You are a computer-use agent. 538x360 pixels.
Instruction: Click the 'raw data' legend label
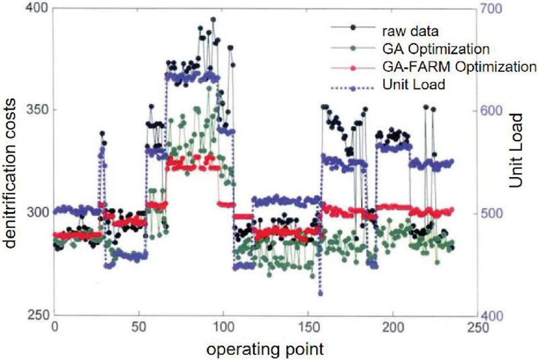(410, 31)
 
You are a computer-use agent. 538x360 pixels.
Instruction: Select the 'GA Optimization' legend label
(436, 49)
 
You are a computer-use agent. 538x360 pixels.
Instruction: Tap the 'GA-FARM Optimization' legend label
(459, 67)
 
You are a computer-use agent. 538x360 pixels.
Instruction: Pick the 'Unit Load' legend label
(414, 84)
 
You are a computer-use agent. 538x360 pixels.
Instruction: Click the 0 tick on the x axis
(54, 328)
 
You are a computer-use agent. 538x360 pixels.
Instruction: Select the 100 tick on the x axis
(223, 328)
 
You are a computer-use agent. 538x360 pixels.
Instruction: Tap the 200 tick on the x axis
(393, 328)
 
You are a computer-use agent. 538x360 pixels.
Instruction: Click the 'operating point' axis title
(265, 350)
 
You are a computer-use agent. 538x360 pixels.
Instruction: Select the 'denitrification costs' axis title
(11, 173)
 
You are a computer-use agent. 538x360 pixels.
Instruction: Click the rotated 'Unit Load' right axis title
(515, 150)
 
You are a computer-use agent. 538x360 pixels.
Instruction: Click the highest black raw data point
(213, 20)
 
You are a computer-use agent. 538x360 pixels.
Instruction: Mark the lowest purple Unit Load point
(321, 293)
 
